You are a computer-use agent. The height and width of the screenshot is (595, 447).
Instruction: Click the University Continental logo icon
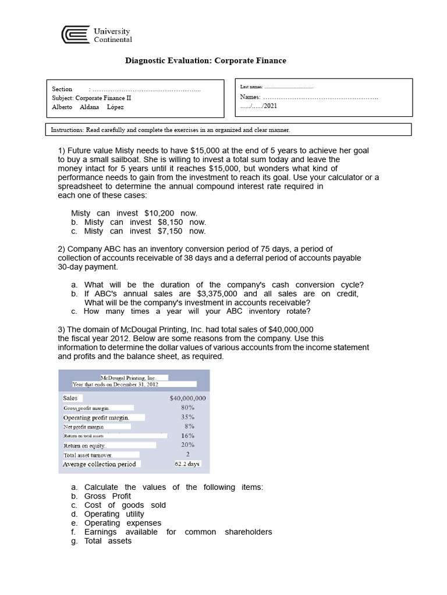click(x=76, y=35)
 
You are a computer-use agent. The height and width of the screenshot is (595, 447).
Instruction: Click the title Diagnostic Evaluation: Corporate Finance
click(x=206, y=60)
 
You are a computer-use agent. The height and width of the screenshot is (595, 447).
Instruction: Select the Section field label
click(x=62, y=89)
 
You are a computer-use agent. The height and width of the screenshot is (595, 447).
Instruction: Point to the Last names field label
click(x=251, y=87)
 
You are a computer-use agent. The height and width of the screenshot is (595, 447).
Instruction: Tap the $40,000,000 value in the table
click(x=187, y=398)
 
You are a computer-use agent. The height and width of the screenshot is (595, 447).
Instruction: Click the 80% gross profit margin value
click(x=187, y=407)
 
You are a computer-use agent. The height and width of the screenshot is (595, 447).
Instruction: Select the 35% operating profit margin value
click(x=187, y=417)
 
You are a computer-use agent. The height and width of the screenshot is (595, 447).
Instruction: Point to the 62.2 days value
click(x=187, y=464)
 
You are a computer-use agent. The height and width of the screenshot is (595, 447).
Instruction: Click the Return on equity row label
click(x=84, y=446)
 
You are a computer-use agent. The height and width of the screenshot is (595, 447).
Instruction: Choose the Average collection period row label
click(x=100, y=464)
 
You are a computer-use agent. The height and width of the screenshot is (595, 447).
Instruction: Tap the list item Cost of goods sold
click(x=125, y=505)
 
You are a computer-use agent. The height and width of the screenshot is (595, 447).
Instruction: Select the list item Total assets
click(x=108, y=541)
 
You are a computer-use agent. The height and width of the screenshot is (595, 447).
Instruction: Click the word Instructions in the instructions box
click(x=67, y=130)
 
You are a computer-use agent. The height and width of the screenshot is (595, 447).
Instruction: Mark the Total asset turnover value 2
click(x=187, y=454)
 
